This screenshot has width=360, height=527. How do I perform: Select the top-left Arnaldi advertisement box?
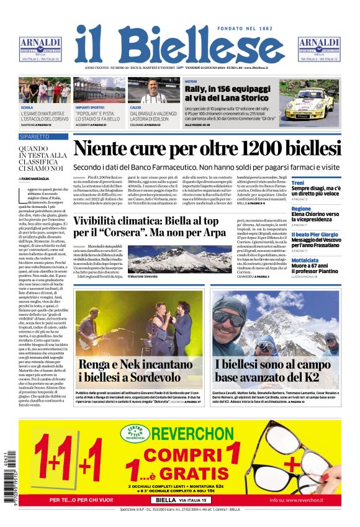click(40, 49)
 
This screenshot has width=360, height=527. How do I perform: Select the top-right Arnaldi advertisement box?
click(318, 49)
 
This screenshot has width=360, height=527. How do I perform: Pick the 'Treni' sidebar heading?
click(298, 184)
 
